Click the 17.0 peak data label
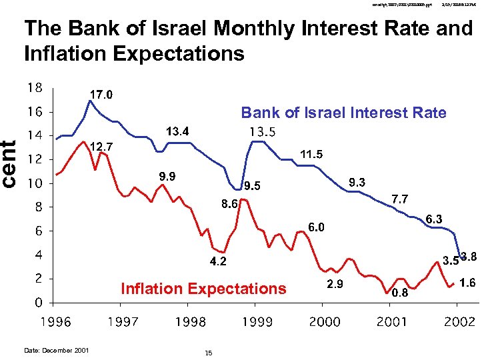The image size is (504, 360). click(x=102, y=95)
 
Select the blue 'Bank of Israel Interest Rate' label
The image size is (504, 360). click(x=343, y=113)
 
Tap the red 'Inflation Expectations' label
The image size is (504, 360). click(x=203, y=289)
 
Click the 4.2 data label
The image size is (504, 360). click(x=217, y=262)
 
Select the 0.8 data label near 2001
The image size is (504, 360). click(x=400, y=293)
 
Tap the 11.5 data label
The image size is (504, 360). click(x=311, y=155)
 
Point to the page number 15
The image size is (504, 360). click(x=209, y=352)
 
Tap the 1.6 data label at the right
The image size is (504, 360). click(x=467, y=283)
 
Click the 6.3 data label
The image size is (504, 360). click(x=435, y=219)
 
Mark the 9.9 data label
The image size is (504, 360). click(x=167, y=177)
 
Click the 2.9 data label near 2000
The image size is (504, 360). click(x=335, y=285)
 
